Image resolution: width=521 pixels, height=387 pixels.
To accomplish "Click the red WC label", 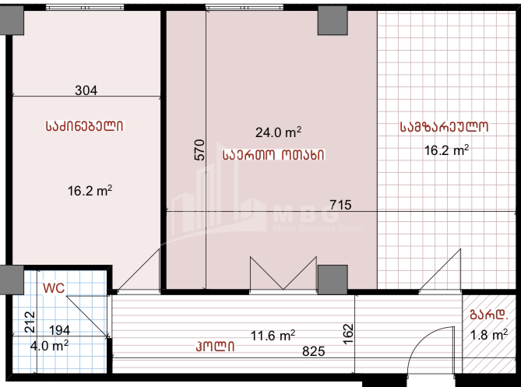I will (53, 287).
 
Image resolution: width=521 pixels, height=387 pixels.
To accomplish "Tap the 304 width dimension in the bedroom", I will (86, 90).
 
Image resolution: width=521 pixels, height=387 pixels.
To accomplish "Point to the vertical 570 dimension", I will (199, 150).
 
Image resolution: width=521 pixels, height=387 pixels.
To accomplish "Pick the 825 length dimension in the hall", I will (314, 351).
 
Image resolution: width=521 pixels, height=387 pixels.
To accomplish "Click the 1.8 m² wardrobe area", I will (491, 336).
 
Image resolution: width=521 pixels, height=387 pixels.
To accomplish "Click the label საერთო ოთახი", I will (273, 154).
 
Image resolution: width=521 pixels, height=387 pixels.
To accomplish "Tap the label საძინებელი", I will (86, 125).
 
